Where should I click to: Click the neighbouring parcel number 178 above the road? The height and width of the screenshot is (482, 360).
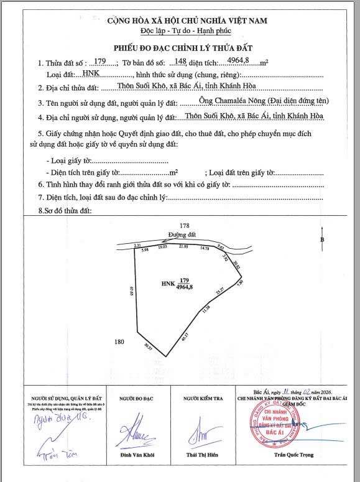[184, 225]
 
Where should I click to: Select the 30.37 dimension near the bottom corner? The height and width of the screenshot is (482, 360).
[147, 347]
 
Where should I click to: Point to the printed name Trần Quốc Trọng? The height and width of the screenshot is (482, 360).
[295, 455]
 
